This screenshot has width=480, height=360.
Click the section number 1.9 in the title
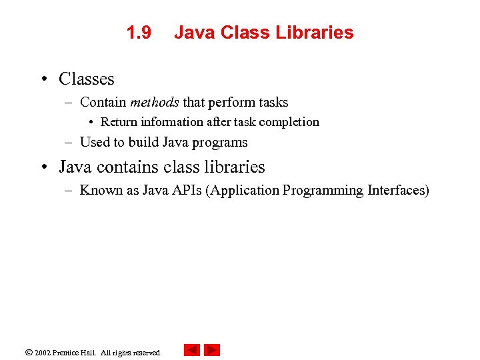pyautogui.click(x=139, y=33)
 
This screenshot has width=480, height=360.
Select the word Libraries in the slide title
pyautogui.click(x=320, y=33)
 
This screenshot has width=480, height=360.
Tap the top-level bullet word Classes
pyautogui.click(x=87, y=79)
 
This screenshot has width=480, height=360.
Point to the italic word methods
pyautogui.click(x=154, y=103)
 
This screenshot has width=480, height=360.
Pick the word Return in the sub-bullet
pyautogui.click(x=118, y=122)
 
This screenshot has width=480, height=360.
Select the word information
pyautogui.click(x=171, y=122)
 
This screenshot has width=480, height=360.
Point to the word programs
pyautogui.click(x=221, y=143)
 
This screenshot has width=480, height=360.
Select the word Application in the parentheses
pyautogui.click(x=243, y=191)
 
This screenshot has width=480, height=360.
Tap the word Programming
pyautogui.click(x=323, y=191)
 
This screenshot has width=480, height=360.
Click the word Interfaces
pyautogui.click(x=397, y=191)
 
